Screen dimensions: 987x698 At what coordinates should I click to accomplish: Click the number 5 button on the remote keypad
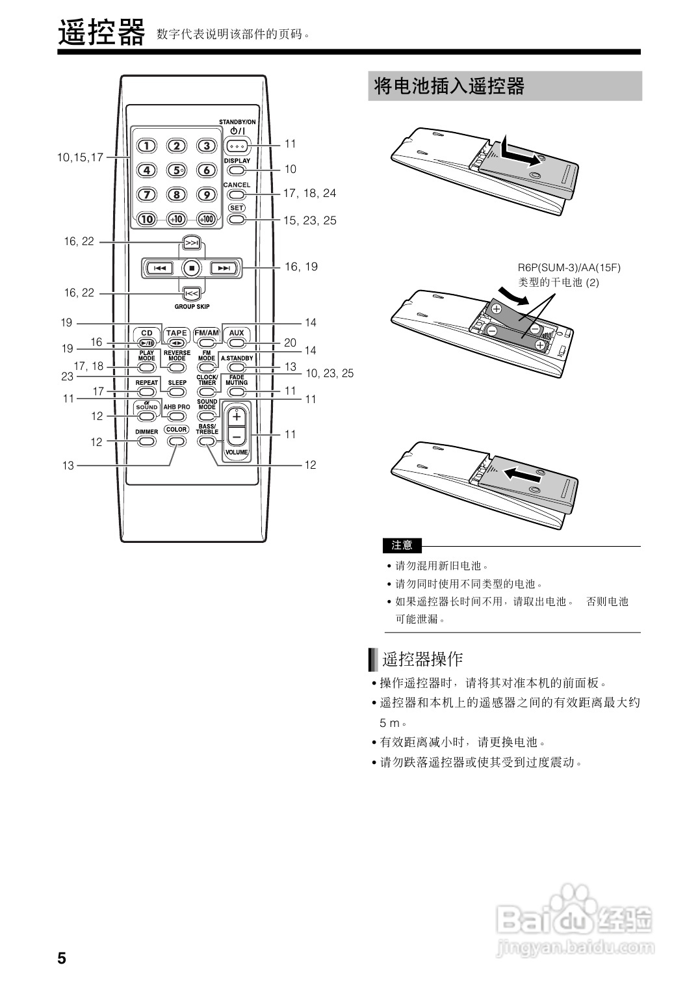pyautogui.click(x=176, y=170)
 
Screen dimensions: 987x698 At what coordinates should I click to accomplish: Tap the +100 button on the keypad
pyautogui.click(x=206, y=218)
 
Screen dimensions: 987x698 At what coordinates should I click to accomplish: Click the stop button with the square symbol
pyautogui.click(x=191, y=267)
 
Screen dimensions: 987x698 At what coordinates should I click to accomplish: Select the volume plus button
pyautogui.click(x=237, y=415)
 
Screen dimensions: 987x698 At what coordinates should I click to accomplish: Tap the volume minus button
pyautogui.click(x=237, y=435)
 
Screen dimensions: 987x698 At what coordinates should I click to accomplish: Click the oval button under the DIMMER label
pyautogui.click(x=147, y=441)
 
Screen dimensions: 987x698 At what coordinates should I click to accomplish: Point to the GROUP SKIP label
pyautogui.click(x=192, y=307)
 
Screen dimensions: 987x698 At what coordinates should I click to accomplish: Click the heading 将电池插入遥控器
pyautogui.click(x=449, y=86)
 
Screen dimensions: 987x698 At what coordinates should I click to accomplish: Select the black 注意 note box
pyautogui.click(x=402, y=545)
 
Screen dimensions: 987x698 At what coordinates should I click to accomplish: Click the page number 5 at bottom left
pyautogui.click(x=62, y=958)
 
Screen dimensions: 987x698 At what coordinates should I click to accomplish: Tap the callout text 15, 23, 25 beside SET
pyautogui.click(x=310, y=220)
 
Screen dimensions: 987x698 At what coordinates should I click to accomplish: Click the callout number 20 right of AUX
pyautogui.click(x=290, y=343)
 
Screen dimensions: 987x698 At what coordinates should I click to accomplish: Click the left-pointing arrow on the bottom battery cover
pyautogui.click(x=523, y=475)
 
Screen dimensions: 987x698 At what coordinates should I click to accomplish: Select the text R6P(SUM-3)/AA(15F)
pyautogui.click(x=569, y=267)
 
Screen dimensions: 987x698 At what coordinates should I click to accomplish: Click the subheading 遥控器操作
pyautogui.click(x=422, y=659)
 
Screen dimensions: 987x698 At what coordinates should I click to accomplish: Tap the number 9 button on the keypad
pyautogui.click(x=206, y=194)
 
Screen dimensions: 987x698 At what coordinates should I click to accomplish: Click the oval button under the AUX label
pyautogui.click(x=237, y=342)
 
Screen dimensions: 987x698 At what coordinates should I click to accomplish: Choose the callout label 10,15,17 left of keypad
pyautogui.click(x=80, y=157)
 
